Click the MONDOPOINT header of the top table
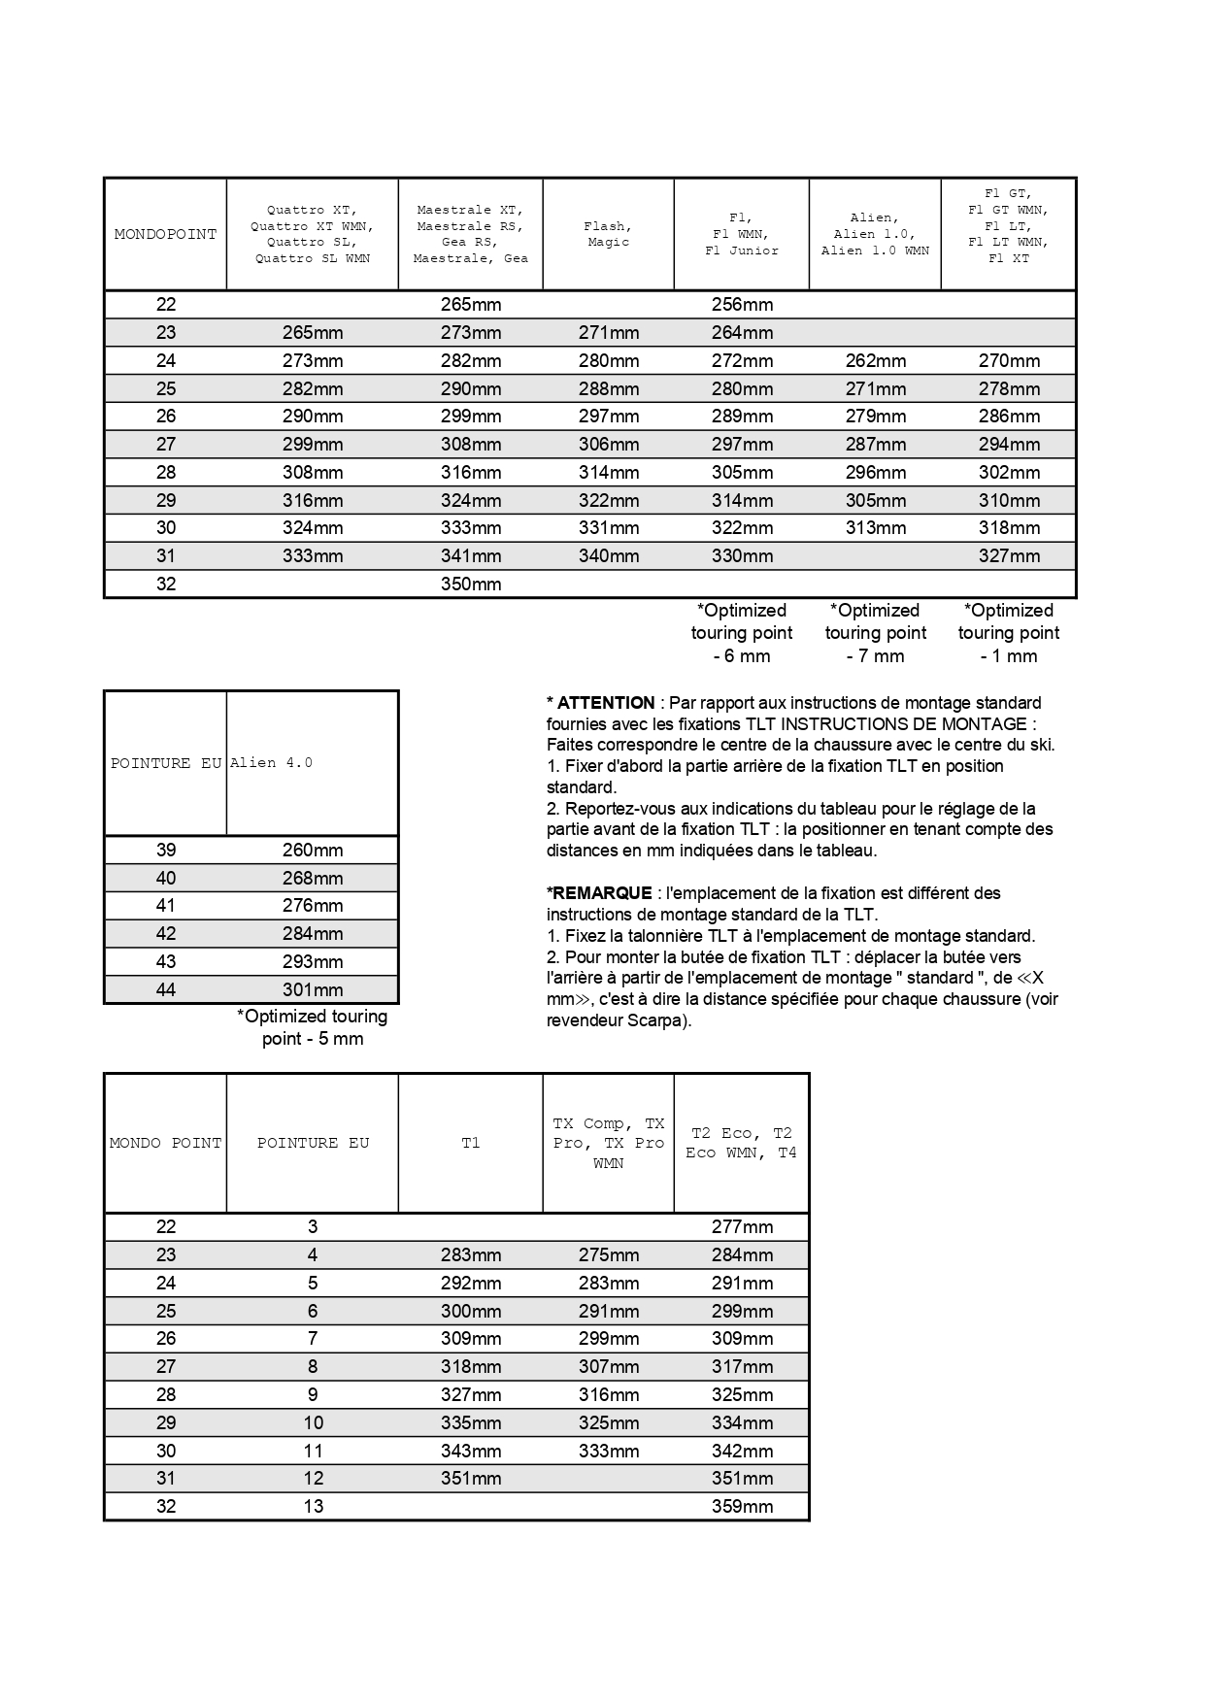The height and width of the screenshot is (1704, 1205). tap(165, 234)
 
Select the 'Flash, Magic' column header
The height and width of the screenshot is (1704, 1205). tap(608, 234)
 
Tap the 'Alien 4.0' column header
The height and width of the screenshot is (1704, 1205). tap(271, 763)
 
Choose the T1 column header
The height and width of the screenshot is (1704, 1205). tap(470, 1143)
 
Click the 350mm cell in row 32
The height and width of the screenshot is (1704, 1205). tap(471, 584)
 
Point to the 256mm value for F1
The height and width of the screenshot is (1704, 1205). tap(742, 304)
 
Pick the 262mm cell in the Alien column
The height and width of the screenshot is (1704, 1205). tap(875, 360)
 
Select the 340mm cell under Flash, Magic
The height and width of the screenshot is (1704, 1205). tap(609, 555)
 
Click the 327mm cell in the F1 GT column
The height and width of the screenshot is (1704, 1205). tap(1009, 555)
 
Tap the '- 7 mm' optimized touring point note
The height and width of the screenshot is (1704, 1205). tap(875, 656)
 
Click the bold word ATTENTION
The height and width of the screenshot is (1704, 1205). tap(606, 703)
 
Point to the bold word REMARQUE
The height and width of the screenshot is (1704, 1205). tap(602, 893)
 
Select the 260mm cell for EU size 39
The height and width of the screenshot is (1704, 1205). tap(313, 850)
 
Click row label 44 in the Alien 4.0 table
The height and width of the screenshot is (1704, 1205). tap(166, 989)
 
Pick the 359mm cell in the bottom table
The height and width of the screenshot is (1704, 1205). tap(742, 1506)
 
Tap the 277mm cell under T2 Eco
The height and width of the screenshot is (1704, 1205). tap(742, 1226)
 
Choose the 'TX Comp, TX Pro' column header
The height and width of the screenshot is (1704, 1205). tap(609, 1143)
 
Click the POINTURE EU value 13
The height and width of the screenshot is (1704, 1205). tap(313, 1506)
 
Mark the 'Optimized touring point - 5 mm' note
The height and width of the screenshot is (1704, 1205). tap(313, 1027)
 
